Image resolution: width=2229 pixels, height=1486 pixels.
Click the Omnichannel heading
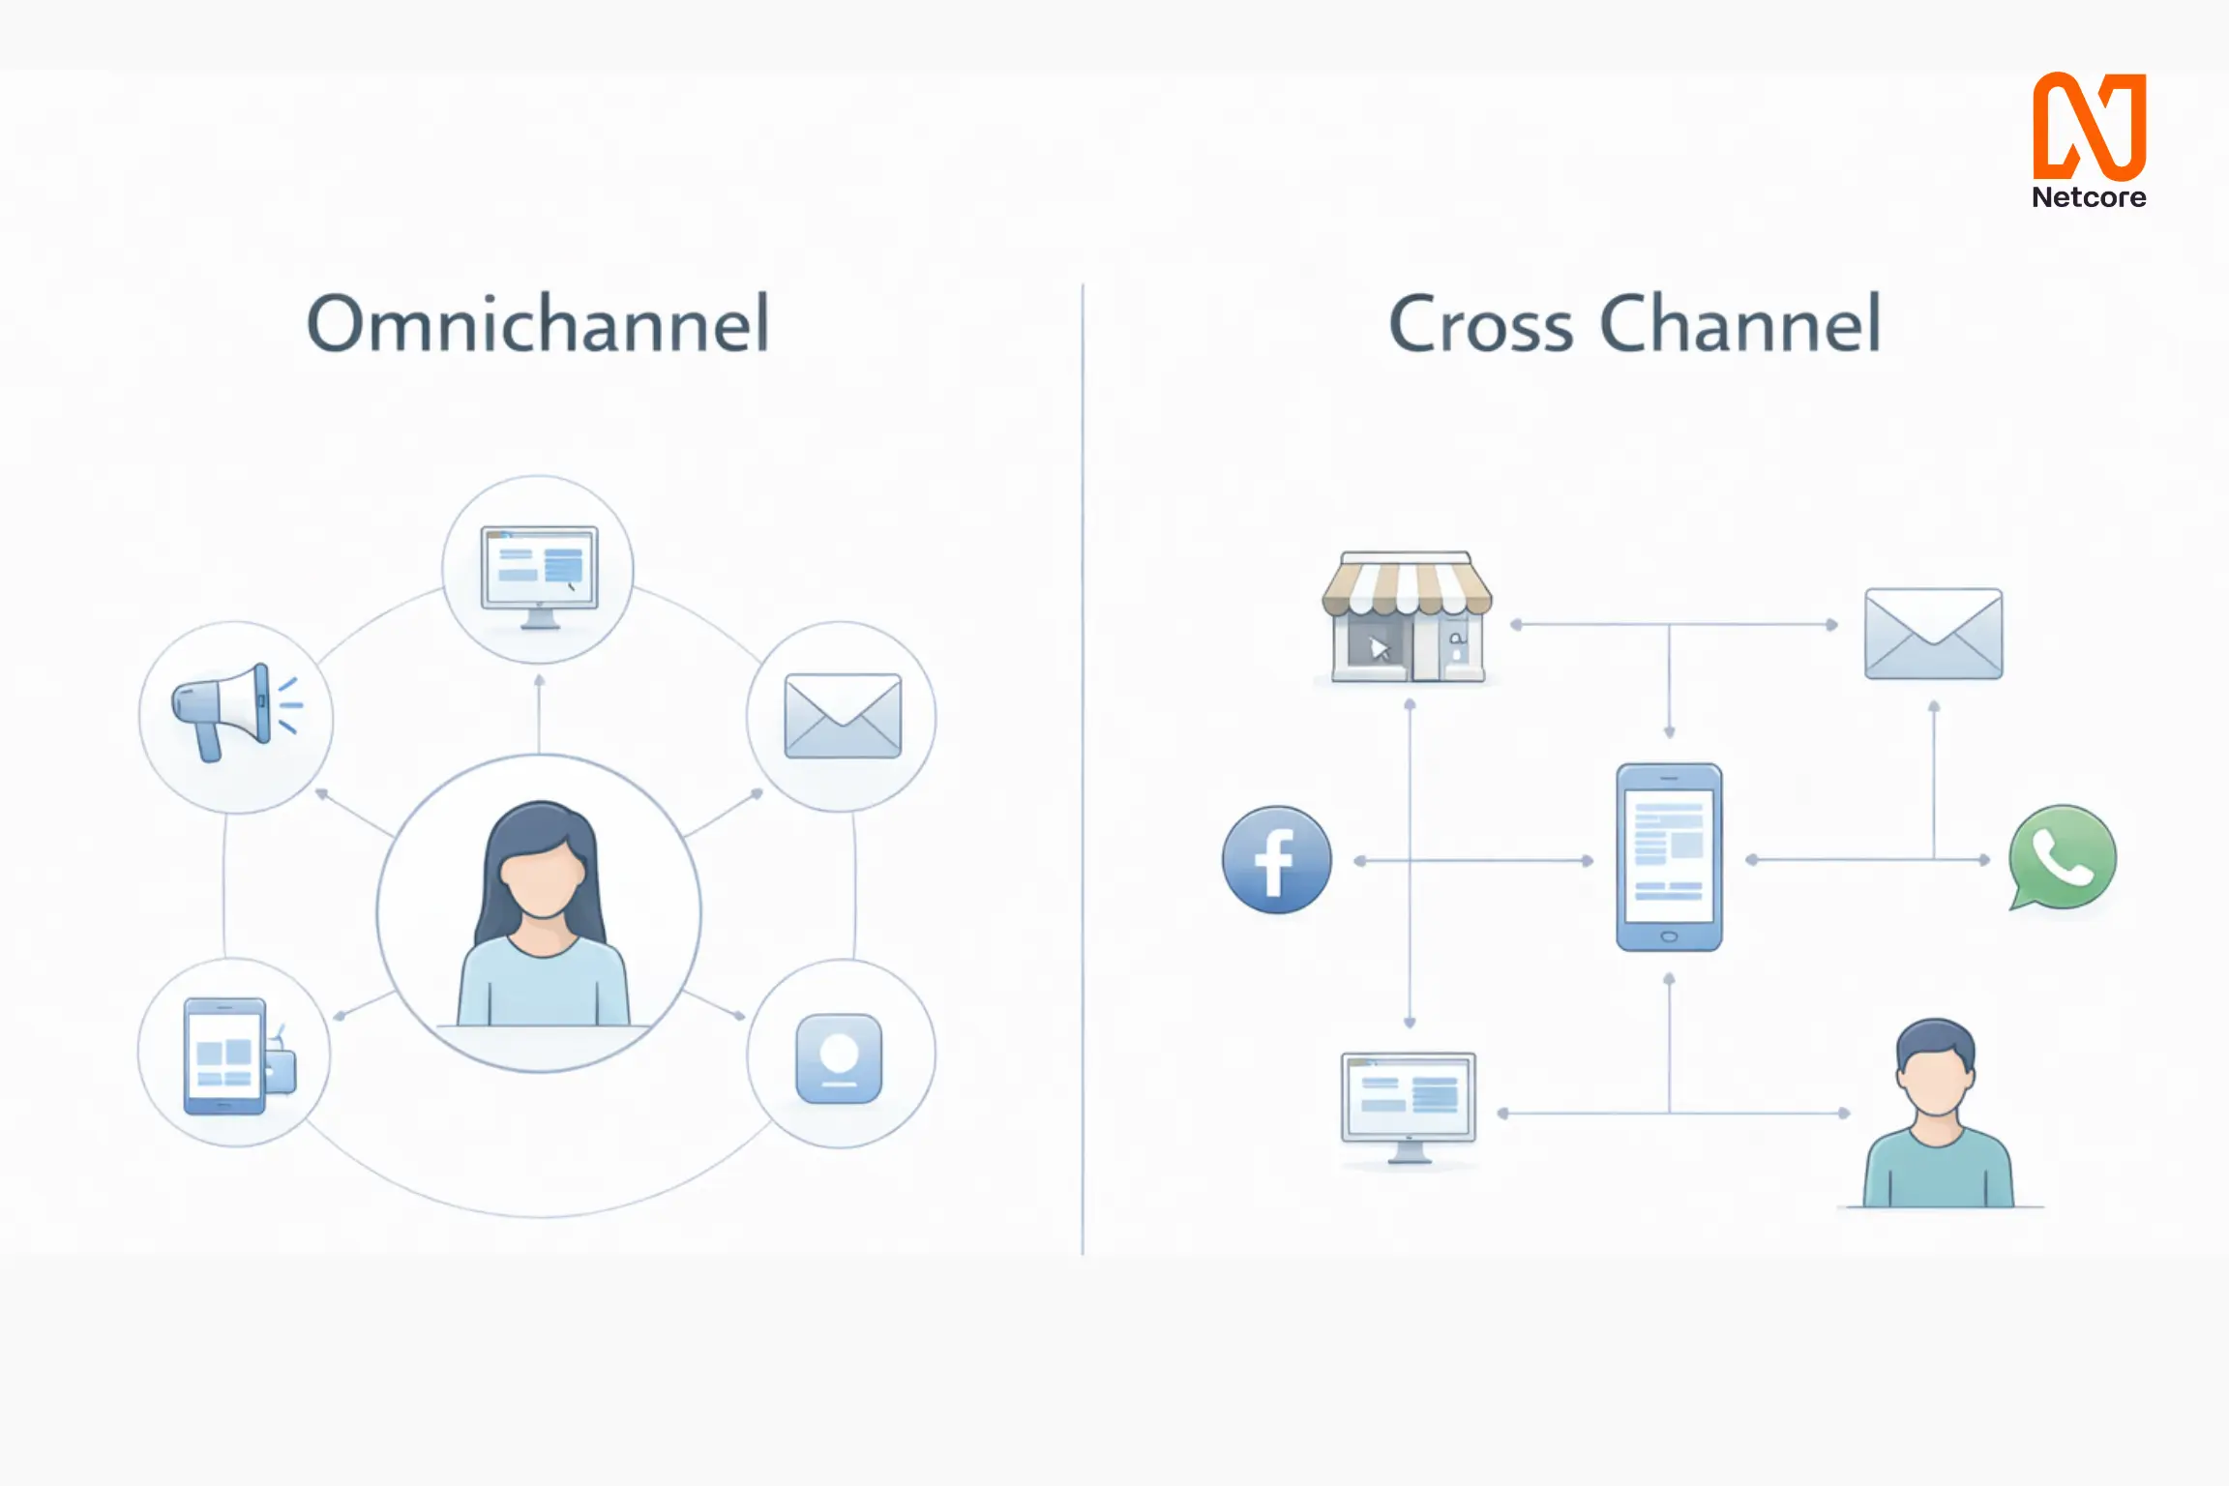coord(538,324)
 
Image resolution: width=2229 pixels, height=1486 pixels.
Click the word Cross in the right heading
coord(1480,324)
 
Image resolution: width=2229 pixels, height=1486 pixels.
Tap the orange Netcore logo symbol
coord(2089,126)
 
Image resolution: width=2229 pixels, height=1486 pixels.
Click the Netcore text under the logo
coord(2089,198)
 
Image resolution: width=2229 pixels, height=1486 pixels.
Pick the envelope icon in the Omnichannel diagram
coord(843,716)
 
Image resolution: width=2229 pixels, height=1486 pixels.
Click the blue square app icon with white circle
coord(839,1058)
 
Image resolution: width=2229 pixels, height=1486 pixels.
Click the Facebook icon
coord(1277,860)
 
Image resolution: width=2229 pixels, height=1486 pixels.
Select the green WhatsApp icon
coord(2062,858)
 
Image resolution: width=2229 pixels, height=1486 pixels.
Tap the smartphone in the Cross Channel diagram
coord(1669,857)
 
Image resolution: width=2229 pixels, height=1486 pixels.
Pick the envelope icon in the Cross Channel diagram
coord(1933,634)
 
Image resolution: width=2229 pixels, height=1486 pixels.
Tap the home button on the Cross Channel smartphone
coord(1669,936)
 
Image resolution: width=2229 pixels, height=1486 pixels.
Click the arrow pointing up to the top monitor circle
coord(540,683)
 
